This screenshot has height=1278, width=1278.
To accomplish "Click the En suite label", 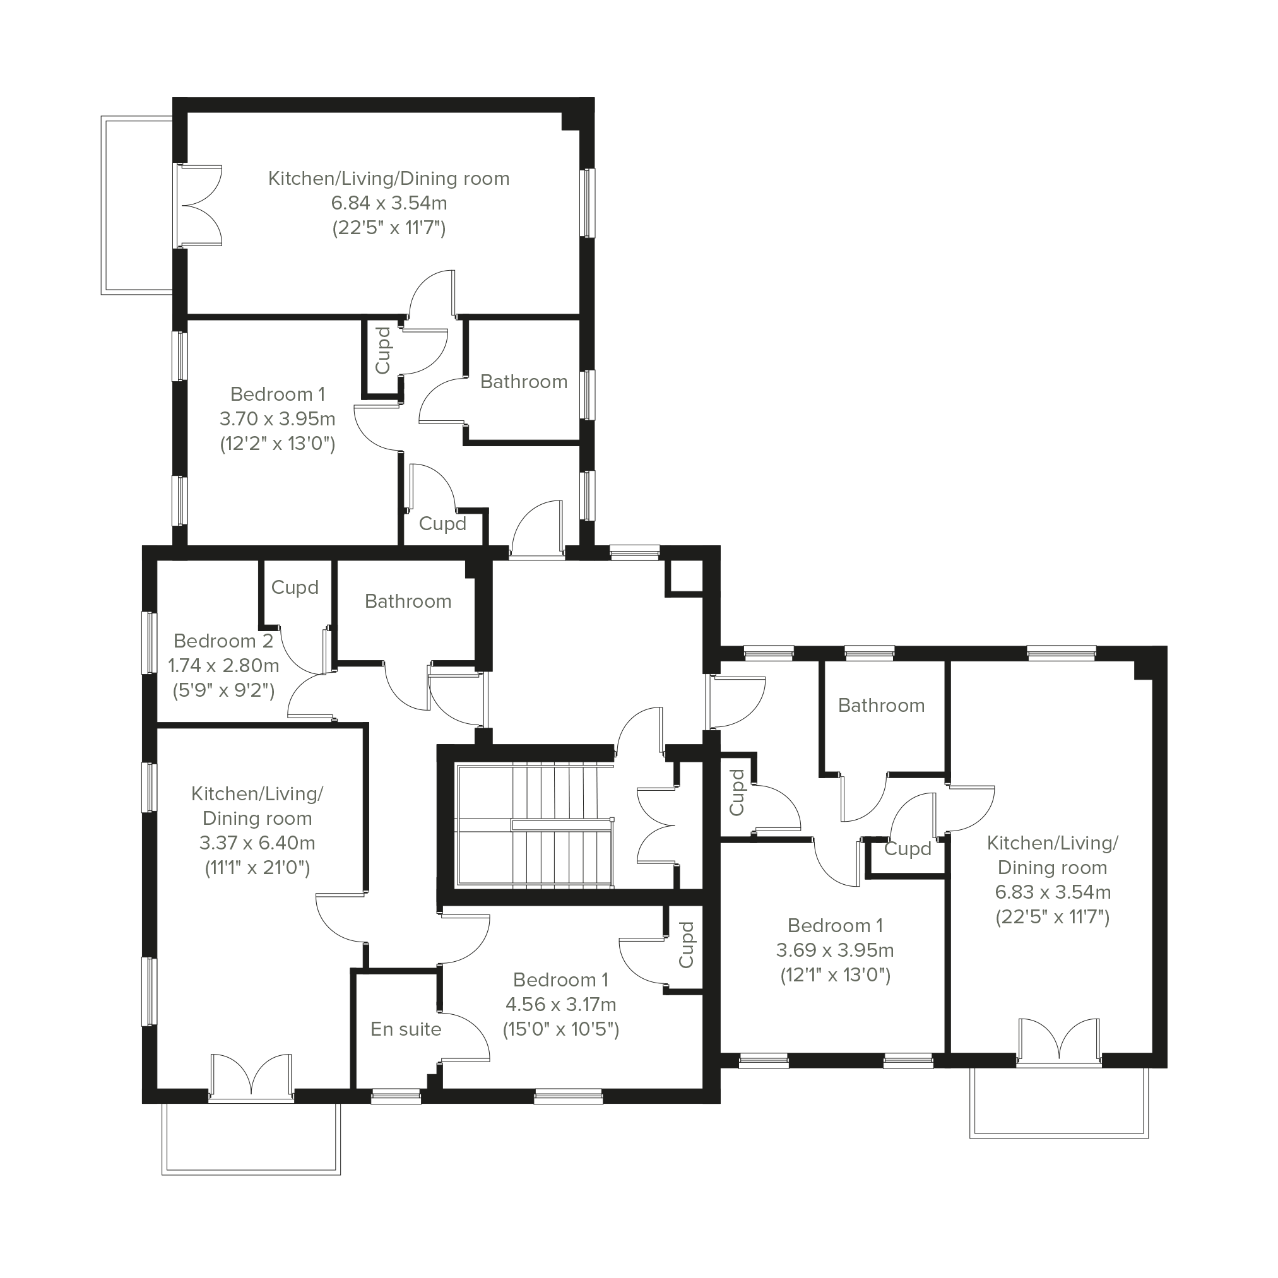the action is [x=406, y=1029].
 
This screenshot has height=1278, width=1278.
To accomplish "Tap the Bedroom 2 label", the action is [x=223, y=641].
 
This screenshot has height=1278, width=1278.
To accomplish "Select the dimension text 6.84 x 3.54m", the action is [x=389, y=203].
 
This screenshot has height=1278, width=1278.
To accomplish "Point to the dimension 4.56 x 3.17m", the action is [x=561, y=1004].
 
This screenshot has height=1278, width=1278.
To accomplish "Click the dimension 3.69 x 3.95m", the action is [x=835, y=950].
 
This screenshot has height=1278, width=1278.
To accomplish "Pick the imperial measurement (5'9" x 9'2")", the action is [x=223, y=690].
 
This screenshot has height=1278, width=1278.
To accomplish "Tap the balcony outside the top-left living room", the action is [x=137, y=205].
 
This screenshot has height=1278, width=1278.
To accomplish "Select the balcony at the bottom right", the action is [x=1059, y=1102].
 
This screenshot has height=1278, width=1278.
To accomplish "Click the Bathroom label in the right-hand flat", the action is [x=881, y=705].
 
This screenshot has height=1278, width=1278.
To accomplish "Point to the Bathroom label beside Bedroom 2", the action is [x=408, y=601].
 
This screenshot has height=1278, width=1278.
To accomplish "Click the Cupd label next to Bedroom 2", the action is [x=295, y=588].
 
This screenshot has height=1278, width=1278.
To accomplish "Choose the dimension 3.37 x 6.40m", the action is [x=257, y=843].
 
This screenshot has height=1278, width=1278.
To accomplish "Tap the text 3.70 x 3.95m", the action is [x=278, y=418].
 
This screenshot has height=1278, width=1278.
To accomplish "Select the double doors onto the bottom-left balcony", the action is [x=251, y=1076].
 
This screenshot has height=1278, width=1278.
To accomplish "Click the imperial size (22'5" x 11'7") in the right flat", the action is [x=1053, y=917].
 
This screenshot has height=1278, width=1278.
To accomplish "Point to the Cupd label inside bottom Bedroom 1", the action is [x=686, y=945].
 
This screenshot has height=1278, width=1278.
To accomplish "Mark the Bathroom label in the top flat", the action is [x=524, y=382].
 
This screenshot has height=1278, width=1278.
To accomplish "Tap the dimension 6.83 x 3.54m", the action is [x=1053, y=892].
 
